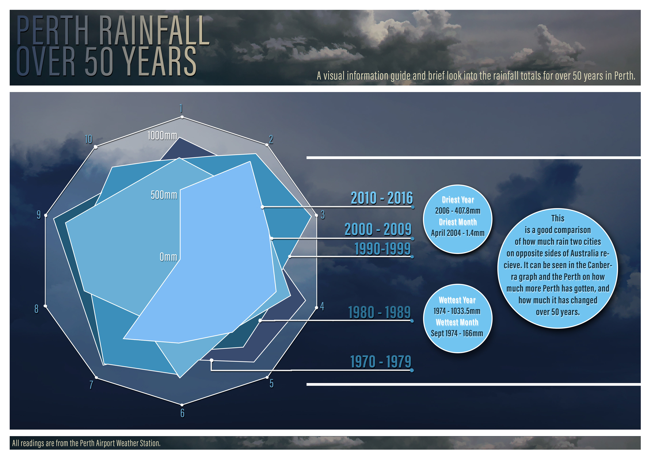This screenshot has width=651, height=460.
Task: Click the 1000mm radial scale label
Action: click(162, 136)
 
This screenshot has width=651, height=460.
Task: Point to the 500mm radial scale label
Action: click(164, 195)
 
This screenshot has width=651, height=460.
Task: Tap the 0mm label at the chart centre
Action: click(168, 257)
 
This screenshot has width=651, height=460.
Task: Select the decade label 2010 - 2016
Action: click(382, 198)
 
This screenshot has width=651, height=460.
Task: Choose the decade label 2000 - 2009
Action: click(378, 229)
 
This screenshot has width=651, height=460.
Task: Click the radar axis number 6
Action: click(182, 413)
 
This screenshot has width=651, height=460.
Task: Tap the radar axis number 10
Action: click(88, 139)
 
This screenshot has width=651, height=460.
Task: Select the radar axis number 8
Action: click(36, 309)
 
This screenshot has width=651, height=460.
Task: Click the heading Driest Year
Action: click(458, 200)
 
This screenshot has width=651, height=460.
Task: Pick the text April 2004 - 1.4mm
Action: click(458, 233)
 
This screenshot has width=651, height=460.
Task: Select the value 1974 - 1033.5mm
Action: click(457, 311)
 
